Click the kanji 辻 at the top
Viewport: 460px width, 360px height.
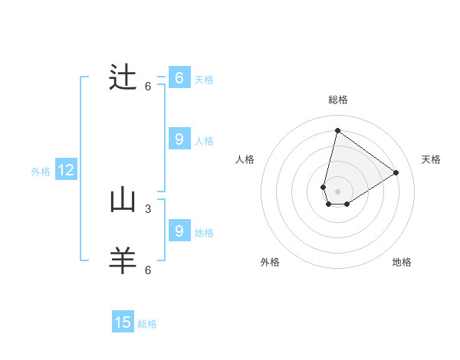pyautogui.click(x=123, y=77)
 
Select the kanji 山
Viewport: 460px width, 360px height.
pyautogui.click(x=123, y=200)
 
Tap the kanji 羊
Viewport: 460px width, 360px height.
pyautogui.click(x=123, y=261)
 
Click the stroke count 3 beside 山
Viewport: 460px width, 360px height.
pyautogui.click(x=148, y=208)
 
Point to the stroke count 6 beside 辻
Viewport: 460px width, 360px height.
pyautogui.click(x=148, y=86)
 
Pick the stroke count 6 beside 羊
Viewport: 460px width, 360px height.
pyautogui.click(x=148, y=270)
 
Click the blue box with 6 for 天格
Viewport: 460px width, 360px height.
pyautogui.click(x=179, y=78)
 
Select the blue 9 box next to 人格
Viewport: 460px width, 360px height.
pyautogui.click(x=179, y=139)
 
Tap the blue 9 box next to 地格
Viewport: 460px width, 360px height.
pyautogui.click(x=179, y=231)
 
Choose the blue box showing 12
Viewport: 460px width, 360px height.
pyautogui.click(x=66, y=170)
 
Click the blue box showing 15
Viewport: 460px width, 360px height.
pyautogui.click(x=123, y=322)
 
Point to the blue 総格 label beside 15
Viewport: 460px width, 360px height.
pyautogui.click(x=147, y=324)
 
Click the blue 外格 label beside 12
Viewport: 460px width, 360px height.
pyautogui.click(x=41, y=172)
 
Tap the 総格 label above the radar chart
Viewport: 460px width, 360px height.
pyautogui.click(x=337, y=100)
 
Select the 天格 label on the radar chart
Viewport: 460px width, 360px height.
pyautogui.click(x=432, y=159)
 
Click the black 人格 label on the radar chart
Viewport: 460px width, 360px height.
pyautogui.click(x=245, y=159)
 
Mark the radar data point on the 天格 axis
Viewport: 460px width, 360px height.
pyautogui.click(x=396, y=172)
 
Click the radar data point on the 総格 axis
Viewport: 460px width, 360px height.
pyautogui.click(x=337, y=130)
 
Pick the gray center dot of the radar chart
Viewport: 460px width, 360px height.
pyautogui.click(x=337, y=191)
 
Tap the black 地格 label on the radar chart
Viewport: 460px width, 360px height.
pyautogui.click(x=402, y=262)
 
